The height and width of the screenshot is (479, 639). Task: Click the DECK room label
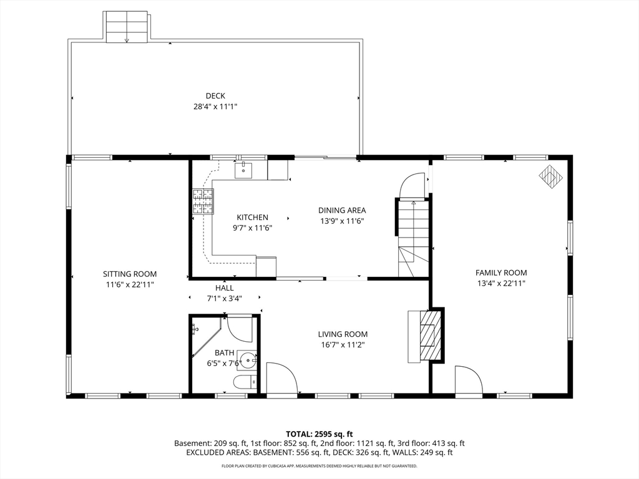click(x=215, y=95)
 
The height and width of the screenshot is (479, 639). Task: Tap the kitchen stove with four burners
click(x=203, y=201)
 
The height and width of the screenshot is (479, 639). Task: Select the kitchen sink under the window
click(x=244, y=170)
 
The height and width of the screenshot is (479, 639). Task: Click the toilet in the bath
click(x=245, y=382)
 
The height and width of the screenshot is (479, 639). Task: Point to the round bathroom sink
click(x=247, y=360)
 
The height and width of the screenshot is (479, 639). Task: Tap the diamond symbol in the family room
click(x=551, y=177)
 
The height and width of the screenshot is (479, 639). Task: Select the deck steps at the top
click(x=127, y=26)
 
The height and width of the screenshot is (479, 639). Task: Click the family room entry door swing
click(x=469, y=380)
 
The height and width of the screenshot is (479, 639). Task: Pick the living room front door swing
click(x=281, y=377)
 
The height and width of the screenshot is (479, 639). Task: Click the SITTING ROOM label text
click(x=130, y=274)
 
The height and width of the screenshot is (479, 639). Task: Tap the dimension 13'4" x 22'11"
click(x=501, y=284)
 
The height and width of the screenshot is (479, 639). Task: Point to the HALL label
click(x=224, y=288)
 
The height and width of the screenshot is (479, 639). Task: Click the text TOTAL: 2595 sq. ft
click(x=319, y=434)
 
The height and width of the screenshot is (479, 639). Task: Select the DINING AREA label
click(x=342, y=210)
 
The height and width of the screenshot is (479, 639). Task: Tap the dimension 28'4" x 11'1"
click(x=215, y=107)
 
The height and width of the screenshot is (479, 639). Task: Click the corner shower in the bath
click(x=206, y=337)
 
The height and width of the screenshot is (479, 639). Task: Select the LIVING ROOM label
click(x=343, y=334)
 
